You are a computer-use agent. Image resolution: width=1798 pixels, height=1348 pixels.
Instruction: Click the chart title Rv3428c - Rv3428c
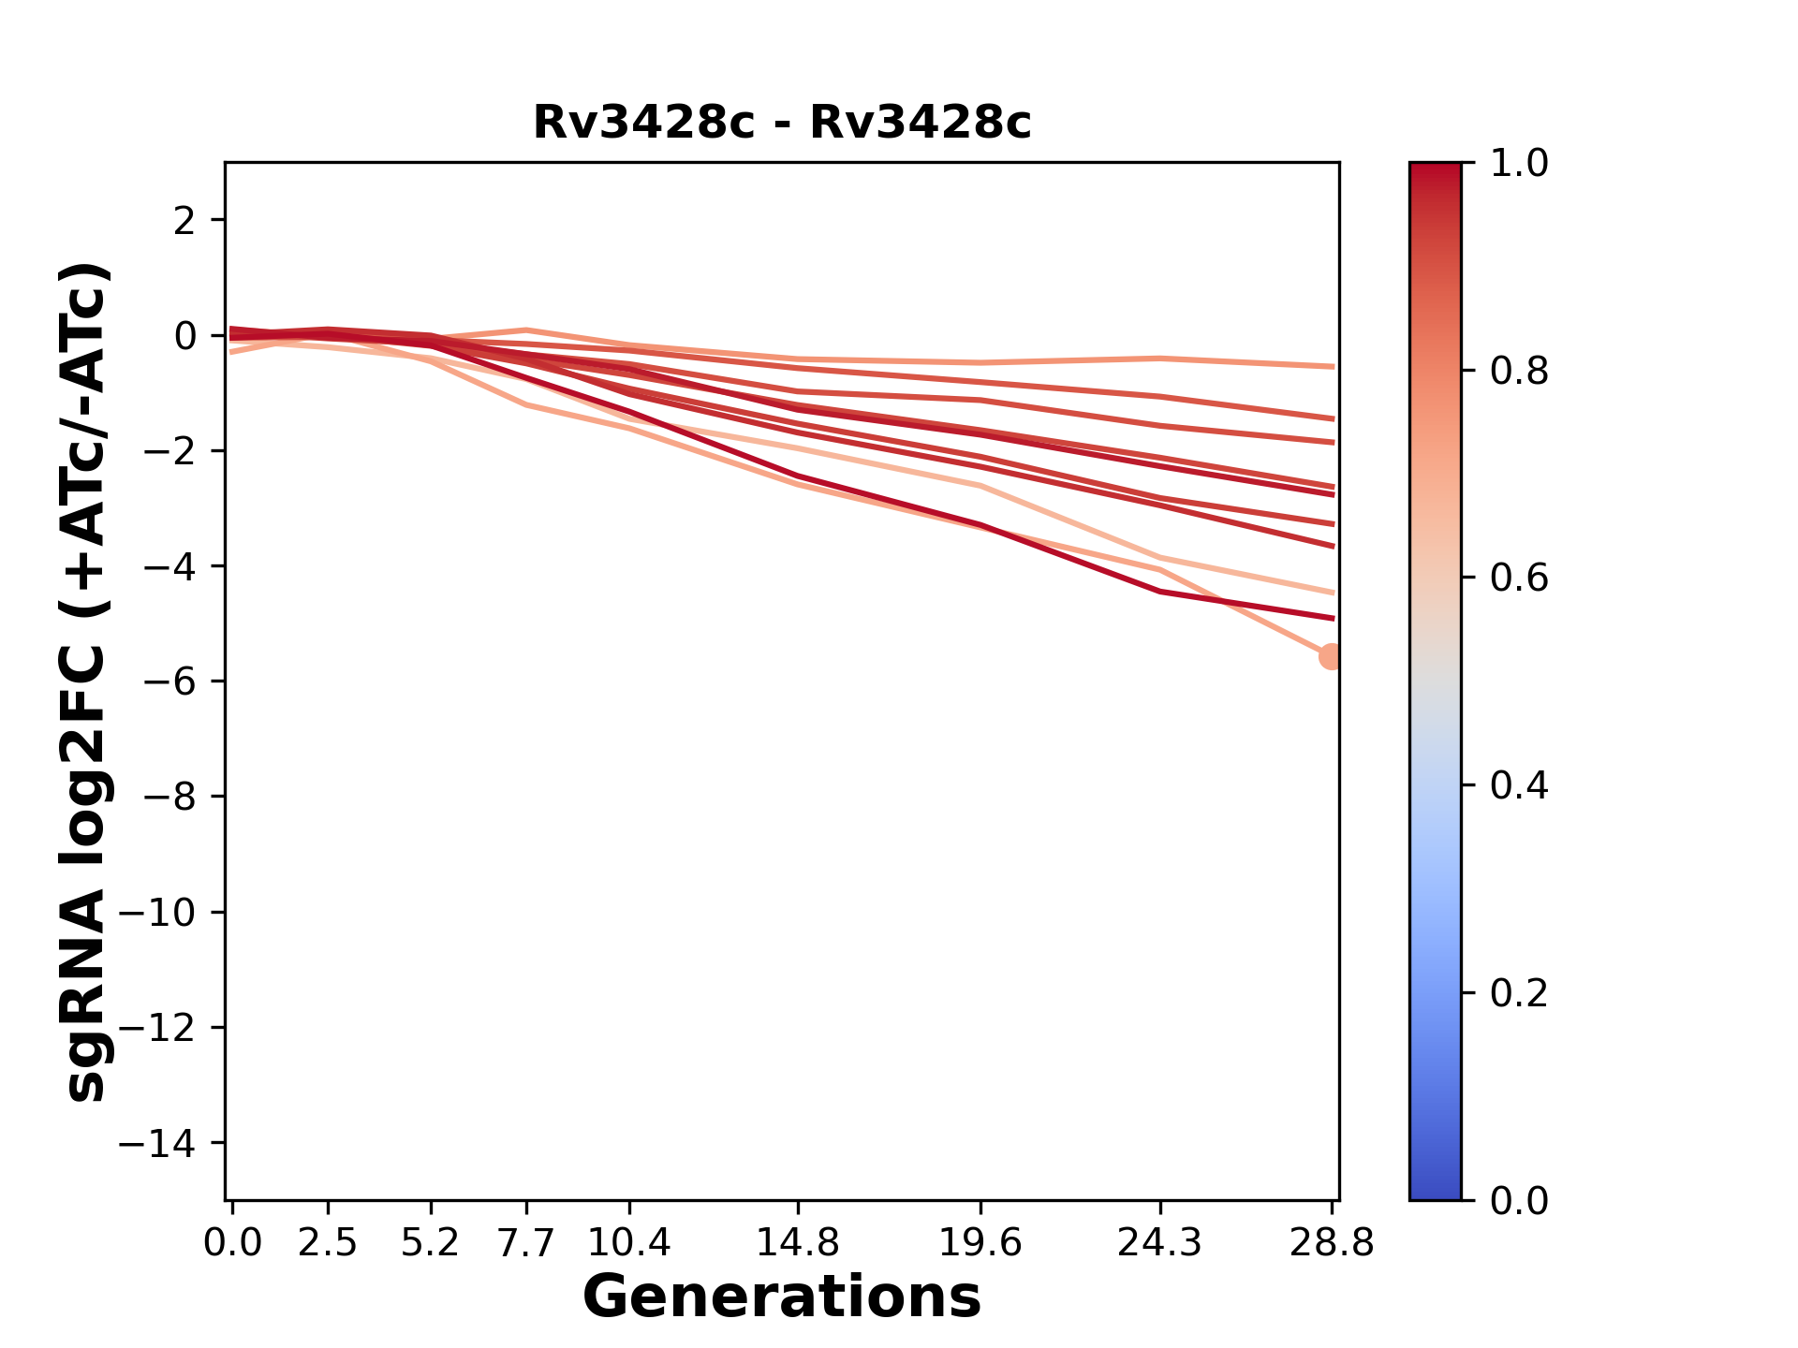click(x=782, y=123)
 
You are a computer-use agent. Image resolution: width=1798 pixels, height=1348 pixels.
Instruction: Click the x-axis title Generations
click(x=782, y=1297)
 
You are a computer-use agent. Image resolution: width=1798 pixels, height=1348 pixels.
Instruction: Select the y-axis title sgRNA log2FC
click(x=87, y=681)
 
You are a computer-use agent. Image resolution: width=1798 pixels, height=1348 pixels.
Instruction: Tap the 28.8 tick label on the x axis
click(x=1332, y=1243)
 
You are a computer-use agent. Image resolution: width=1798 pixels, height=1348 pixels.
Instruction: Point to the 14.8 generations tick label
click(x=798, y=1243)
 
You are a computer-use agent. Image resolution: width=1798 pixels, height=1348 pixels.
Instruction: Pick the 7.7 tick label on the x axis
click(x=526, y=1243)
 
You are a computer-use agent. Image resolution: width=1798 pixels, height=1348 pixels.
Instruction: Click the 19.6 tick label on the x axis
click(x=980, y=1243)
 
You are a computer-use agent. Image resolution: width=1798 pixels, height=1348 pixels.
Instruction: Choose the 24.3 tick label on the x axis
click(x=1160, y=1243)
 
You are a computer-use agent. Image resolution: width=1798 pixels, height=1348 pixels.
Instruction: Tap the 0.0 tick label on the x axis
click(x=232, y=1243)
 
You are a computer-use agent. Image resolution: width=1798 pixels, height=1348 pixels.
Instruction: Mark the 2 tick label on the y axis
click(x=185, y=221)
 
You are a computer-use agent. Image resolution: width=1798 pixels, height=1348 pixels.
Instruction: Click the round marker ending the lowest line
click(x=1331, y=657)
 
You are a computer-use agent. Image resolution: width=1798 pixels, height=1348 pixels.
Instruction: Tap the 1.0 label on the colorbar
click(x=1519, y=164)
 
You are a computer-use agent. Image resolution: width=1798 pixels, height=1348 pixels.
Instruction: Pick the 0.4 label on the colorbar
click(x=1519, y=785)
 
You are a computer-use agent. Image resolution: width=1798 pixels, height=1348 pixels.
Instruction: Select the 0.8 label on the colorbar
click(x=1519, y=372)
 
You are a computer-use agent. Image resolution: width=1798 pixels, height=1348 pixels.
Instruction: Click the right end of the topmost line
click(x=1332, y=367)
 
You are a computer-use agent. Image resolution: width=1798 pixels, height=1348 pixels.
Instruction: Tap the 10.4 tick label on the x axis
click(x=629, y=1243)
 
